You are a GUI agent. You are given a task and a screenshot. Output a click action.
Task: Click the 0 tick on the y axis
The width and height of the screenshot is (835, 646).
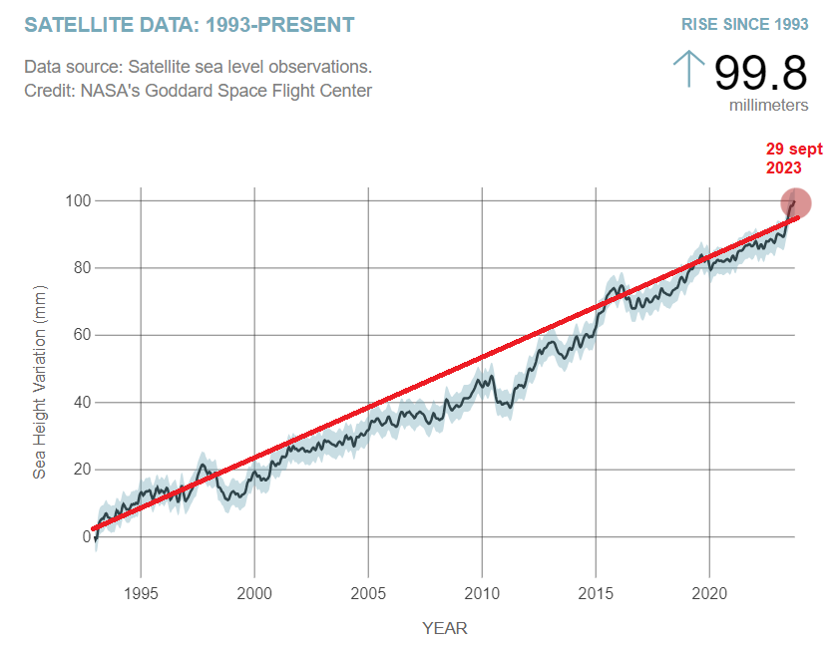pyautogui.click(x=86, y=536)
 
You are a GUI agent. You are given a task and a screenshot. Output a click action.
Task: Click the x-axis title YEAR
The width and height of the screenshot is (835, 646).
pyautogui.click(x=445, y=628)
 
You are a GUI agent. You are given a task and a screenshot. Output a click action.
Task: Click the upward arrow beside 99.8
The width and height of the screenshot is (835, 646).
pyautogui.click(x=688, y=70)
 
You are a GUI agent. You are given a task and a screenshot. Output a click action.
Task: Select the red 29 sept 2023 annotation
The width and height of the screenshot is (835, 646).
pyautogui.click(x=793, y=159)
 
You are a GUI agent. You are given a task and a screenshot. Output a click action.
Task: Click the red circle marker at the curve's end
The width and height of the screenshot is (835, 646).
pyautogui.click(x=795, y=203)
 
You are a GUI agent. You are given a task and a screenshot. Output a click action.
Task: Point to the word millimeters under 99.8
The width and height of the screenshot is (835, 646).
pyautogui.click(x=768, y=105)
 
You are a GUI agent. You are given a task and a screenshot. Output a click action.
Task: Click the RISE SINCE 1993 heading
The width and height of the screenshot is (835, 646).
pyautogui.click(x=744, y=23)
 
